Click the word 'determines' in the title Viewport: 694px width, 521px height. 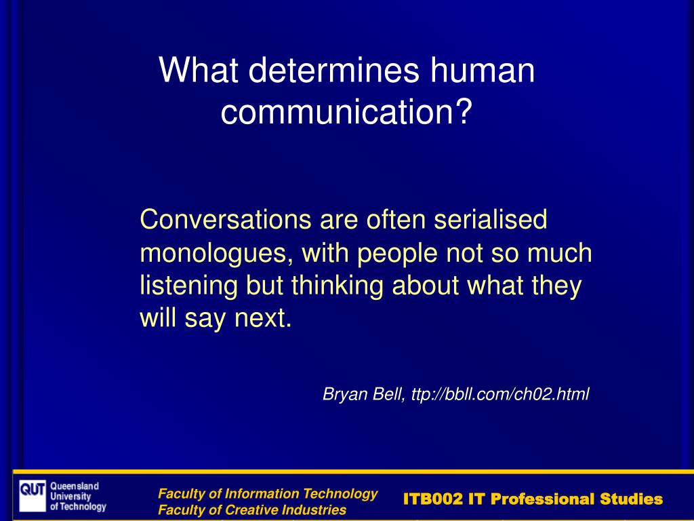pos(333,70)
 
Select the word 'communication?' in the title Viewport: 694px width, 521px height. pos(346,111)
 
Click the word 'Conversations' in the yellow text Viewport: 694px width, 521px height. pos(226,219)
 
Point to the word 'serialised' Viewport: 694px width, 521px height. pos(491,219)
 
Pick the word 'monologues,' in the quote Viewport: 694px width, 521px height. pos(216,253)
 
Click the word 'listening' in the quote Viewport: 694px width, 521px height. pos(188,286)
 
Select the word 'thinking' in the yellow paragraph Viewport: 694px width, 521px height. pos(338,286)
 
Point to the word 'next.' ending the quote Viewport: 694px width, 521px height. pos(264,319)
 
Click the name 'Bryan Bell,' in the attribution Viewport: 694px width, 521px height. pos(364,394)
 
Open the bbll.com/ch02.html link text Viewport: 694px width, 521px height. pos(500,394)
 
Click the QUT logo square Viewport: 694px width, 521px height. pos(33,496)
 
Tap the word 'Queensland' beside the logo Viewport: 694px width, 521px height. pos(75,486)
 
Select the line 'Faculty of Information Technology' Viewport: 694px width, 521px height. pos(268,494)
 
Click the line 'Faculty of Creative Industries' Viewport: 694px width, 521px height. pos(252,510)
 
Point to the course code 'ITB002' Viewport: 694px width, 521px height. pos(433,499)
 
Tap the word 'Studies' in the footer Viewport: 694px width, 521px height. pos(632,499)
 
